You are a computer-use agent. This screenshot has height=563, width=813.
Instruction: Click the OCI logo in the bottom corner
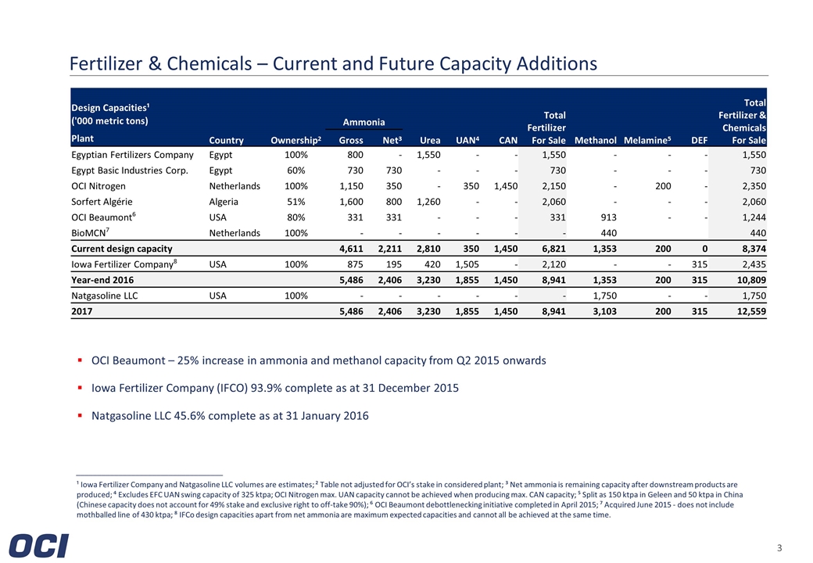click(x=40, y=546)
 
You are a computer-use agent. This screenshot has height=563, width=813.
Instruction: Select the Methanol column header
click(x=595, y=141)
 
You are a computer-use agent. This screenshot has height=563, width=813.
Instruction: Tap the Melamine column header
click(x=646, y=141)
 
